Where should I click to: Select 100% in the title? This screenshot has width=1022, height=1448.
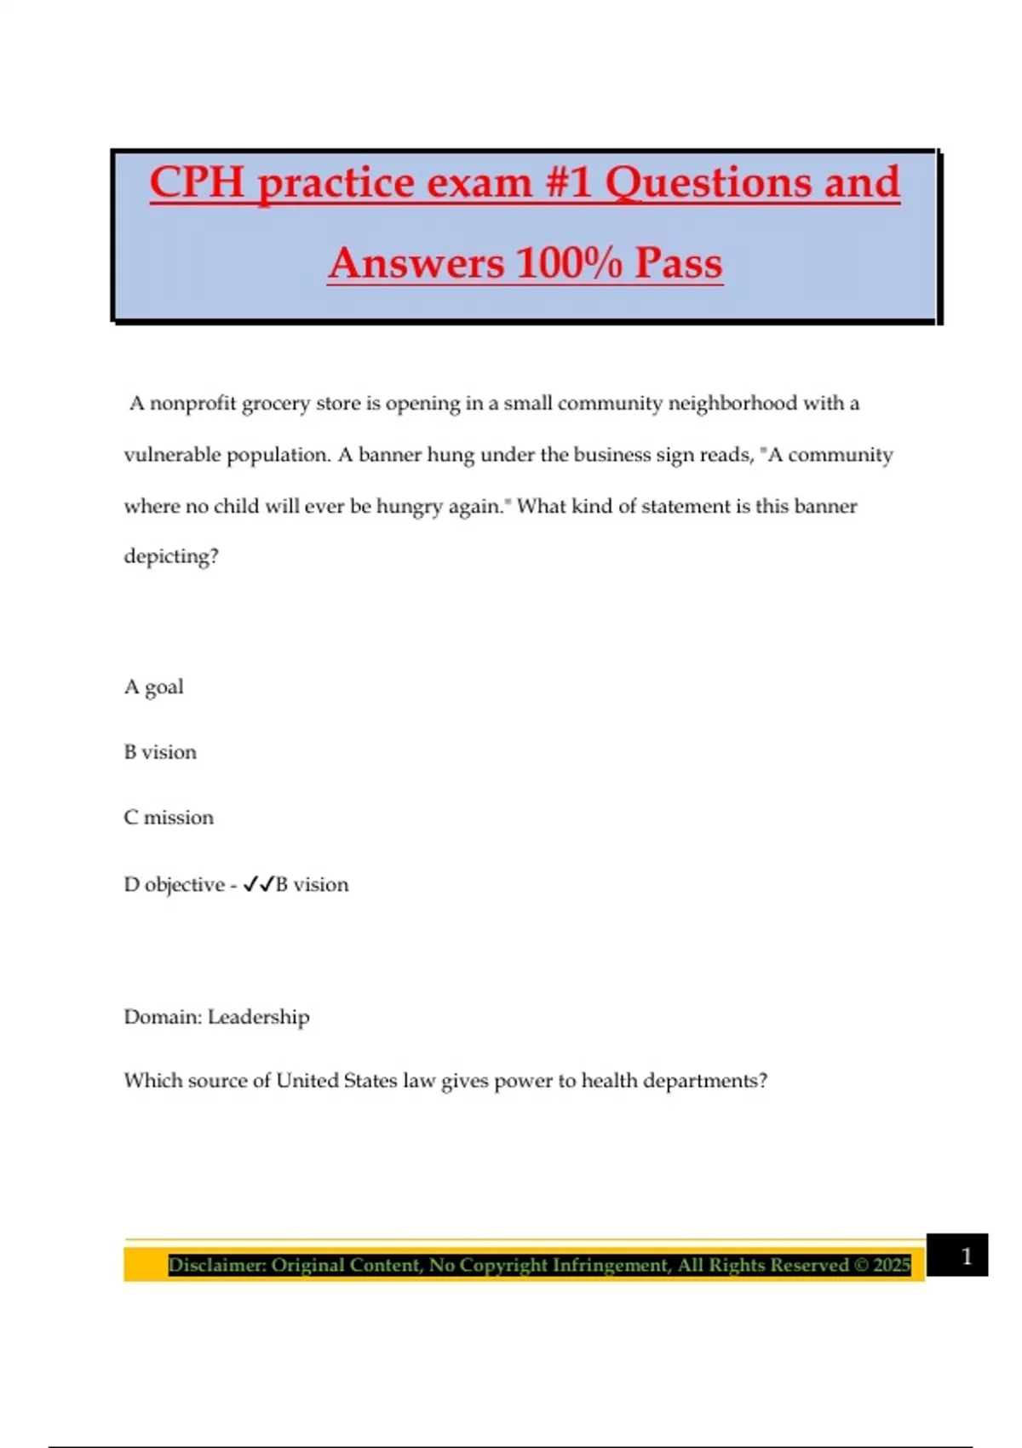coord(569,262)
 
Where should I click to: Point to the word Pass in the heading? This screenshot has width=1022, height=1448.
coord(679,262)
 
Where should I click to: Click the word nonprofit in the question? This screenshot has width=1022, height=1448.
coord(193,403)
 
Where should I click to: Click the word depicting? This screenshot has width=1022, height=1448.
coord(171,556)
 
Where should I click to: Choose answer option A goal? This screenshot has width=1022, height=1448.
coord(154,687)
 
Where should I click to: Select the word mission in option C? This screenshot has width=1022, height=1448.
coord(178,818)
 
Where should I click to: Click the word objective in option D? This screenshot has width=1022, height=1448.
coord(184,885)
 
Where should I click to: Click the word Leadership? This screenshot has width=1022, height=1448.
coord(259,1017)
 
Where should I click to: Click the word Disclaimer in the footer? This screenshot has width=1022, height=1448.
coord(216,1265)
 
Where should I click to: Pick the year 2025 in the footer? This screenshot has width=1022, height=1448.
coord(891,1265)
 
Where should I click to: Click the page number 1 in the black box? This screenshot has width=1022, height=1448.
coord(966,1256)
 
